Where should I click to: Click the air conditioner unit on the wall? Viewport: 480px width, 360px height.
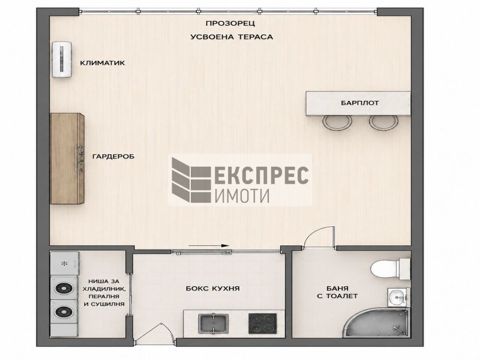point(62,59)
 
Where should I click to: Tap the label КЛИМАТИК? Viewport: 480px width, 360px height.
point(103,63)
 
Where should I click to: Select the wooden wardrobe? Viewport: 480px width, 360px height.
point(67,158)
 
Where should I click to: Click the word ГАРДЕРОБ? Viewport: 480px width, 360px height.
point(113,157)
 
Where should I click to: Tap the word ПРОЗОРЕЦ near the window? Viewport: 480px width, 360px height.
point(230,23)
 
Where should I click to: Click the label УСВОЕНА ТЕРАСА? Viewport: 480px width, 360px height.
point(232,37)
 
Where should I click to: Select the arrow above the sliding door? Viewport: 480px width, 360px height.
point(209,245)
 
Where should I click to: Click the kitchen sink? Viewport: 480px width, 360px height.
point(214,323)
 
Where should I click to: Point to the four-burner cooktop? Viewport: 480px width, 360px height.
point(262,323)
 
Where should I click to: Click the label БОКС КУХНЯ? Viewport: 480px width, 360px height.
point(213,289)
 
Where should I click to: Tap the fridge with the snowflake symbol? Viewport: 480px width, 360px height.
point(65,263)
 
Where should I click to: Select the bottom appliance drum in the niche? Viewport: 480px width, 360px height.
point(64,312)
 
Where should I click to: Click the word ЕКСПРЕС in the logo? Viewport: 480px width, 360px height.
point(262,175)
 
